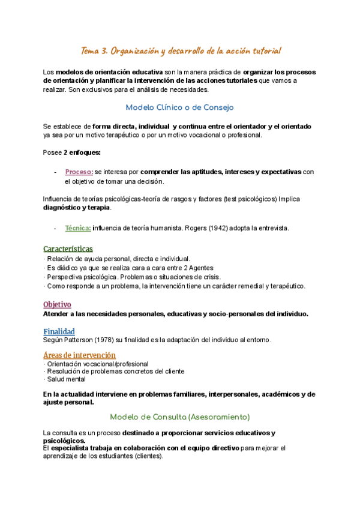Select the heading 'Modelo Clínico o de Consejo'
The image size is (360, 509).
pyautogui.click(x=180, y=107)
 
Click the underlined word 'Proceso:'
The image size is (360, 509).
pyautogui.click(x=79, y=172)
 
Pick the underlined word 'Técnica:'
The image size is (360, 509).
pyautogui.click(x=78, y=227)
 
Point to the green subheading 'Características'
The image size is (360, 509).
pyautogui.click(x=68, y=248)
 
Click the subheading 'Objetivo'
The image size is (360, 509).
pyautogui.click(x=58, y=304)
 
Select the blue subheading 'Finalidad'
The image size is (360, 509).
pyautogui.click(x=59, y=331)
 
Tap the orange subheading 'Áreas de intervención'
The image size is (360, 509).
pyautogui.click(x=80, y=355)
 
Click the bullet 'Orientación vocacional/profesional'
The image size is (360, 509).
pyautogui.click(x=97, y=364)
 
